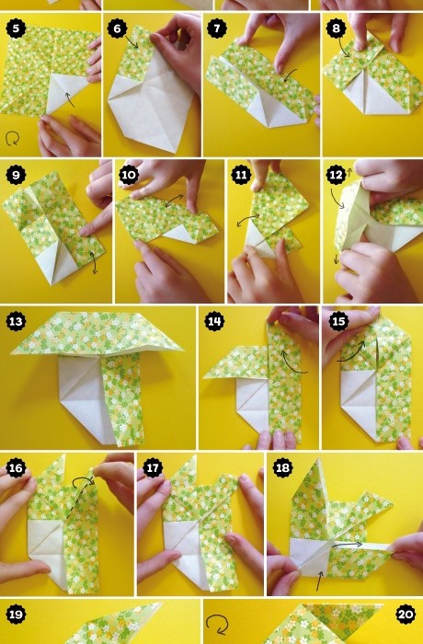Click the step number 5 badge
(16, 29)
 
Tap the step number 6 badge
(117, 29)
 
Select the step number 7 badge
(217, 29)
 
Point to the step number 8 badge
(336, 29)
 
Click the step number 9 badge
(16, 175)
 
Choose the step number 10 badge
(129, 175)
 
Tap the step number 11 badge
(241, 175)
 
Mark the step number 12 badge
(336, 175)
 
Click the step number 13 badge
(16, 321)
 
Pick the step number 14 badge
(214, 321)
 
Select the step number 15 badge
(338, 321)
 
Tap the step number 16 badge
(16, 467)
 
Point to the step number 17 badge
(153, 467)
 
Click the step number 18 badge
(282, 467)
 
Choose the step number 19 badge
(16, 615)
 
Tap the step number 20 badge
(406, 615)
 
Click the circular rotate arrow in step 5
(12, 138)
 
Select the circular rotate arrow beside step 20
(216, 625)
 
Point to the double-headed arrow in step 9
(94, 263)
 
